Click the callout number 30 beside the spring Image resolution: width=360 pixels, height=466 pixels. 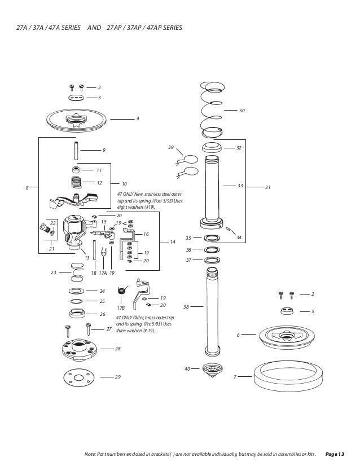coord(242,111)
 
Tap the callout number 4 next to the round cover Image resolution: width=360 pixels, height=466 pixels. coord(137,118)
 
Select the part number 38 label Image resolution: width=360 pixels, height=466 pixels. coord(186,307)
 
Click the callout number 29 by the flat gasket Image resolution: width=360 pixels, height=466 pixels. coord(117,376)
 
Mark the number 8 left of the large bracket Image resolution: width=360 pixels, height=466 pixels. coord(27,187)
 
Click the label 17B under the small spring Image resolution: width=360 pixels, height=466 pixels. coord(121,309)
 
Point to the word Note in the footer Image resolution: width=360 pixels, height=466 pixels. coord(90,454)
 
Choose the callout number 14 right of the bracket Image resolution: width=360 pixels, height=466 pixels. coord(173,242)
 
